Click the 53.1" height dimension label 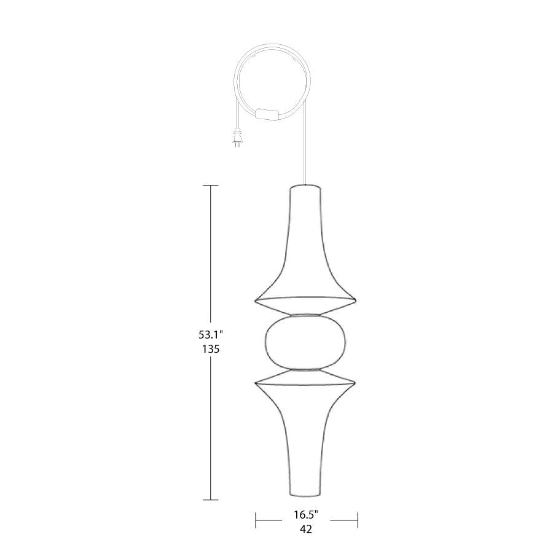(211, 334)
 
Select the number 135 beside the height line (211, 349)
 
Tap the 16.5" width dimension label (307, 514)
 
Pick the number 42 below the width (306, 530)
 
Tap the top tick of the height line (211, 185)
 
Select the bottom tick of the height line (211, 500)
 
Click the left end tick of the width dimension (256, 520)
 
